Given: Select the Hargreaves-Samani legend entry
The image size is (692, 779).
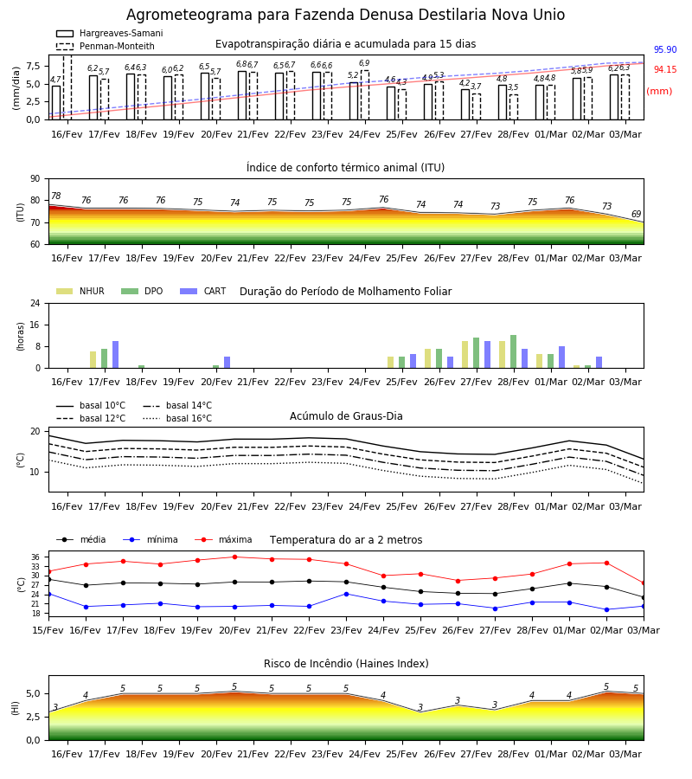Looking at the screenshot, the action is [109, 33].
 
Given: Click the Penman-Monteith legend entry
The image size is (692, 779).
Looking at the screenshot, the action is [106, 46].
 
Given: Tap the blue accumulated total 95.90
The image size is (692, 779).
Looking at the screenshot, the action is [665, 49].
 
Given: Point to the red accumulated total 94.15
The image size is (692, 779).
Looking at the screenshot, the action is [665, 69].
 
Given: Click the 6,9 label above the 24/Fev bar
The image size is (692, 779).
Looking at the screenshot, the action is [364, 63].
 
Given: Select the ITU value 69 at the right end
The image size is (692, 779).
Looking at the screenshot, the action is [636, 214].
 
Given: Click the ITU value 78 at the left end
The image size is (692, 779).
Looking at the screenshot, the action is [56, 196].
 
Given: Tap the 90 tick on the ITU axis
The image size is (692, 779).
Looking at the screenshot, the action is [35, 179].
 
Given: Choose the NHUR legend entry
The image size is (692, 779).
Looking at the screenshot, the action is [80, 291].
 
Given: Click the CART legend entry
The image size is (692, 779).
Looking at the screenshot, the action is [203, 291].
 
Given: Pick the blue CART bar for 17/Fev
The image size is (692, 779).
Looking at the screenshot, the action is [116, 355].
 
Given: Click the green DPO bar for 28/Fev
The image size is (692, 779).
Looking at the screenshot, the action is [513, 351].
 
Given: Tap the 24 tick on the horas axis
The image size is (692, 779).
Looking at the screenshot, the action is [35, 304].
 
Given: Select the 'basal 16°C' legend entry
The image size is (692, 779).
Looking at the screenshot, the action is [177, 418].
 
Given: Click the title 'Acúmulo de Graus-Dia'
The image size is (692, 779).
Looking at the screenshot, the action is [346, 416].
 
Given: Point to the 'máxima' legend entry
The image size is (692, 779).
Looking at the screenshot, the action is [223, 539].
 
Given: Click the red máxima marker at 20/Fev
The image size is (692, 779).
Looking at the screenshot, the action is [234, 557].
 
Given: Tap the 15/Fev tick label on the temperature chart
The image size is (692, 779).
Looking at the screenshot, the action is [48, 630].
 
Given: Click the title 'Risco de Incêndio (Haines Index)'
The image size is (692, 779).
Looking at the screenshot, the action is [346, 664].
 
